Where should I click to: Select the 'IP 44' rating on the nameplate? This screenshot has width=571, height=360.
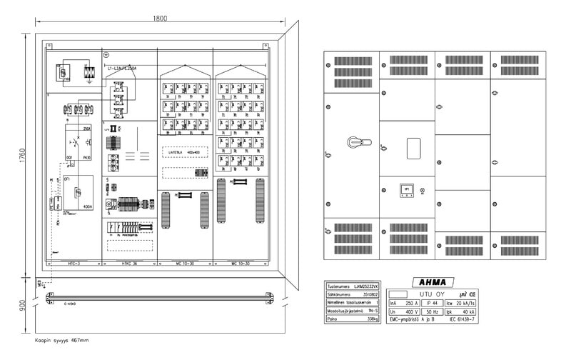pyautogui.click(x=432, y=302)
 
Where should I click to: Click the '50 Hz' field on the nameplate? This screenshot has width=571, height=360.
pyautogui.click(x=432, y=312)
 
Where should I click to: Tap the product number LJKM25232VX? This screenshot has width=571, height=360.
pyautogui.click(x=363, y=285)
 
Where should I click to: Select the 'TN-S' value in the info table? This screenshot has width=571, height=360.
pyautogui.click(x=371, y=311)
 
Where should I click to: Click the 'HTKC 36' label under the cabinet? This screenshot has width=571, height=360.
pyautogui.click(x=129, y=263)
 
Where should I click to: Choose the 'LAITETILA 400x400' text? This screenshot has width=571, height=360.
pyautogui.click(x=184, y=153)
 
